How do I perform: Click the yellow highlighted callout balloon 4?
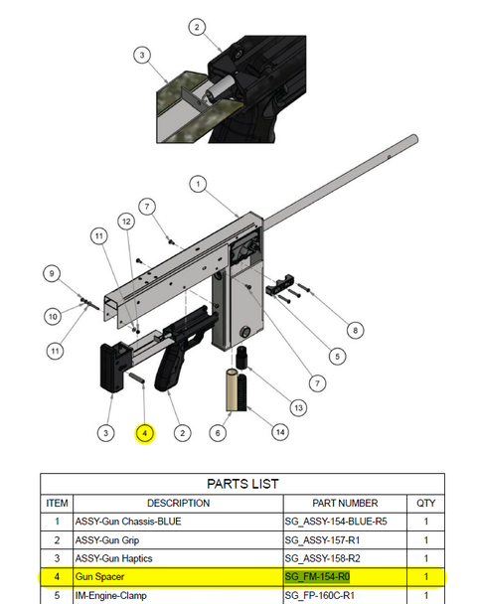click(x=144, y=433)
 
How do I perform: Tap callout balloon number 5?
click(x=339, y=355)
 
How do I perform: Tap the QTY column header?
click(x=424, y=503)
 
